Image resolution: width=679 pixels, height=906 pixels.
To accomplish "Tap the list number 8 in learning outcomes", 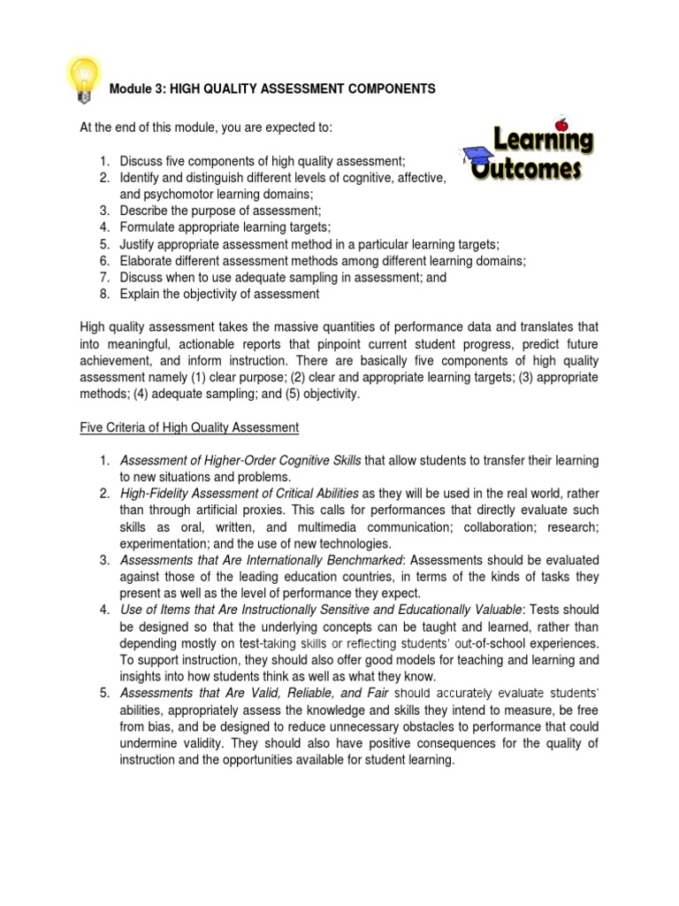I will point(103,294).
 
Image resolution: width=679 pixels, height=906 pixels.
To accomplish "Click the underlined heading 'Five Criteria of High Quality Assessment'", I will point(189,427).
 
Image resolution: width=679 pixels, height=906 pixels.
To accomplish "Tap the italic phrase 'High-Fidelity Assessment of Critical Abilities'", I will point(239,494).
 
